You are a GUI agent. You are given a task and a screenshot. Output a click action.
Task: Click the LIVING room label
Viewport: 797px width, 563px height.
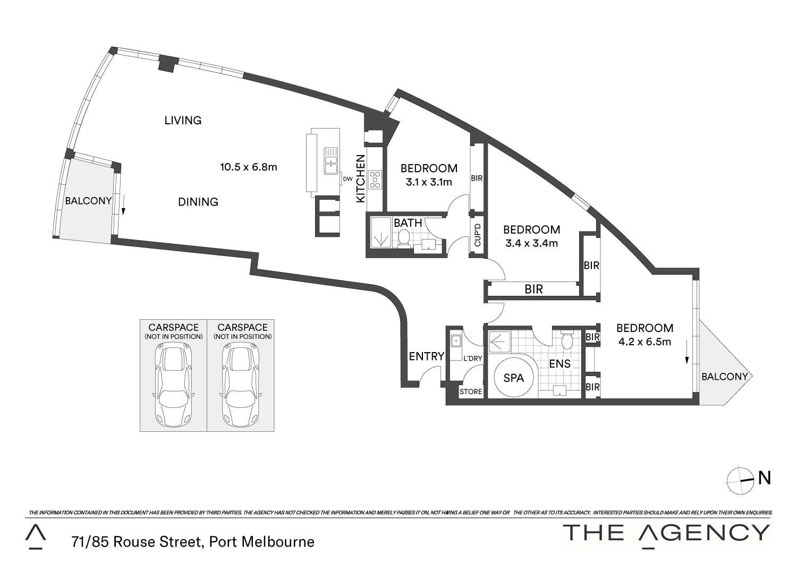tap(183, 121)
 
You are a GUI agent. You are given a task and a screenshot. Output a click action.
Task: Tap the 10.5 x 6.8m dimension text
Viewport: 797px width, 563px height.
tap(249, 167)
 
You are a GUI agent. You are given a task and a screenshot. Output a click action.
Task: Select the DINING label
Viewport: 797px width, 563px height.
tap(198, 202)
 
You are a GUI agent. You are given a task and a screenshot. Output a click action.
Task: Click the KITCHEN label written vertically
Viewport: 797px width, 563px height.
tap(360, 178)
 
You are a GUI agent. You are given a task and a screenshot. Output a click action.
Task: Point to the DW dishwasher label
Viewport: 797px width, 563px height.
tap(347, 179)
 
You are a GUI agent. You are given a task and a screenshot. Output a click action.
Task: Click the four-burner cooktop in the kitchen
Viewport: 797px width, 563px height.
tap(375, 179)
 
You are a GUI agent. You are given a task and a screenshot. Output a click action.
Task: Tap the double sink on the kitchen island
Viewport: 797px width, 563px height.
tap(331, 161)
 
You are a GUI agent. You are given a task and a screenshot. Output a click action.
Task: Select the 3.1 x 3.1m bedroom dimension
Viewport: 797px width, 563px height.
tap(429, 182)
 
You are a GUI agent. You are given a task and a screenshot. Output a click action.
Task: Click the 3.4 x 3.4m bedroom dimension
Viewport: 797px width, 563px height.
tap(531, 244)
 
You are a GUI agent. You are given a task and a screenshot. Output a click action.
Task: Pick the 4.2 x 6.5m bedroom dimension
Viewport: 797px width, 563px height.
tap(645, 342)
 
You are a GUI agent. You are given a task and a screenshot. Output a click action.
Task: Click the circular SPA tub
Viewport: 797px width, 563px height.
tap(513, 378)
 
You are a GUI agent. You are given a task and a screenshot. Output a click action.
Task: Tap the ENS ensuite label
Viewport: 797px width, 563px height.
tap(559, 364)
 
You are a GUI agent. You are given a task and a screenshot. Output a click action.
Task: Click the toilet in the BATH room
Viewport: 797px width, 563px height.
tap(404, 238)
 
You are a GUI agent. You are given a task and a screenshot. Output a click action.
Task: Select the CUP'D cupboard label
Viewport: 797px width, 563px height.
tap(477, 235)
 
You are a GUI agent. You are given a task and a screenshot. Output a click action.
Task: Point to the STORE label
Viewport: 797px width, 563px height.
tap(471, 392)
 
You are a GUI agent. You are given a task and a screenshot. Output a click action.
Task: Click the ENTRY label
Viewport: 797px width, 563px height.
tap(426, 356)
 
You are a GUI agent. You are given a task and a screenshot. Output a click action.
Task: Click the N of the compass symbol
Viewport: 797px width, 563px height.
tap(764, 478)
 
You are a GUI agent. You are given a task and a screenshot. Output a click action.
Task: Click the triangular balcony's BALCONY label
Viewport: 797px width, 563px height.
tap(724, 377)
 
